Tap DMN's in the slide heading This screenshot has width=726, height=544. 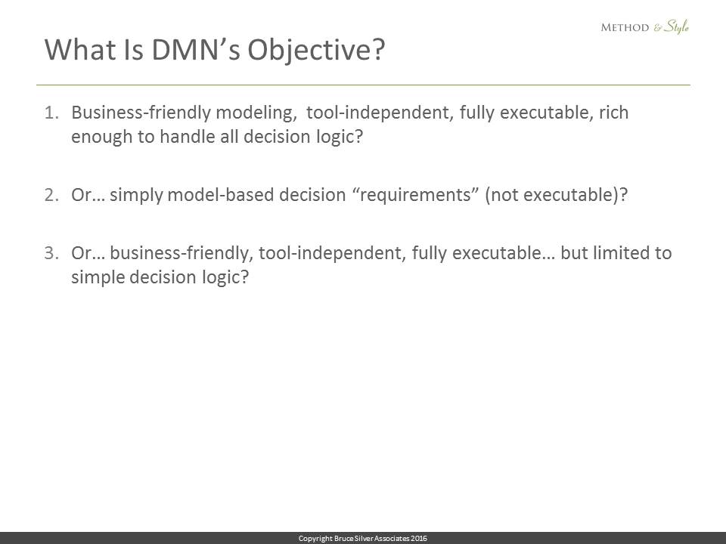point(196,49)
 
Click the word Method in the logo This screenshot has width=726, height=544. point(625,27)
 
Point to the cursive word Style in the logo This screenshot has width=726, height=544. point(676,27)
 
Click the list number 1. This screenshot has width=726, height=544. point(52,113)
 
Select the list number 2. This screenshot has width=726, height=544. point(52,195)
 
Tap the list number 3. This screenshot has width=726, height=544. point(52,253)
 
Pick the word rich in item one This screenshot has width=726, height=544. point(614,112)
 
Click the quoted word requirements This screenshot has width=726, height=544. point(415,195)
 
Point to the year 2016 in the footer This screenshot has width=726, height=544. point(419,538)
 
